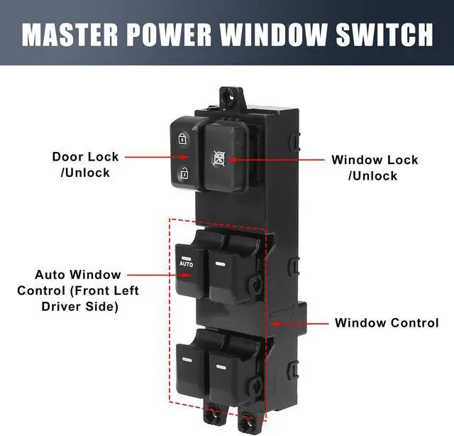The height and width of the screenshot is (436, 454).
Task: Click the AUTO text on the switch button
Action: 186,264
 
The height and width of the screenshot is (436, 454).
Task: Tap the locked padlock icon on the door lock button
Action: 183,139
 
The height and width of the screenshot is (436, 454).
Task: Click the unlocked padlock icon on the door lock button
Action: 183,172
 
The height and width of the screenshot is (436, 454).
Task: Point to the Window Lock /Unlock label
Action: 374,168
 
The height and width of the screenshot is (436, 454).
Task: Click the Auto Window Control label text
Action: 78,290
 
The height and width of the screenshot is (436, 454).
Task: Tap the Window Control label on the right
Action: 387,323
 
